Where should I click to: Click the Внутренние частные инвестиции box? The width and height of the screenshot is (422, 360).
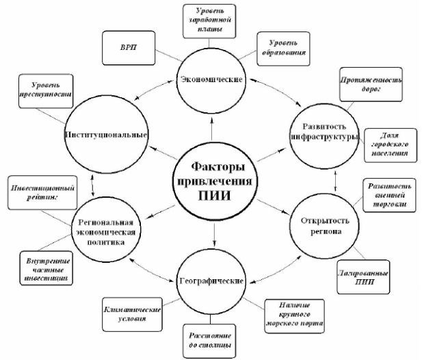point(47,269)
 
